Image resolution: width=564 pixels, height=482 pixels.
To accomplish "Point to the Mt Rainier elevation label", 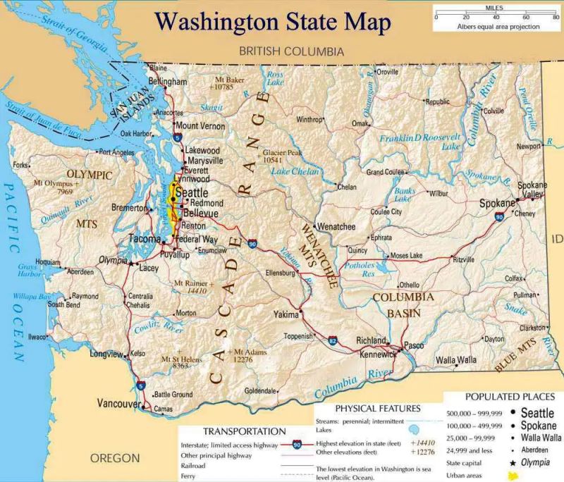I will tap(190, 286).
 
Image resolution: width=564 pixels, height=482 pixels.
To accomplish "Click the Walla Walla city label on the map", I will tap(455, 360).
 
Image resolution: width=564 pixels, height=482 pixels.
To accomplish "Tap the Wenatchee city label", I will tap(336, 227).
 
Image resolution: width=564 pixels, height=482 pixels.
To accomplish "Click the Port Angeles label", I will tap(116, 152).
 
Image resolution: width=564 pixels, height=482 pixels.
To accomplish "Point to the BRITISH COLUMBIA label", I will tap(291, 51).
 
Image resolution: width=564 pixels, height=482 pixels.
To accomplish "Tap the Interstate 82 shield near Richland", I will tap(332, 341).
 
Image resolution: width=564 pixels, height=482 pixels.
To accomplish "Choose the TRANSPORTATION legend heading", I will tap(245, 431).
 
